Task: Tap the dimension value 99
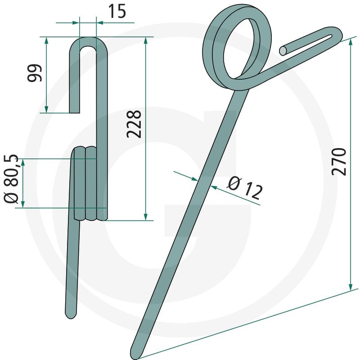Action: [35, 73]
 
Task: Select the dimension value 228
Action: [134, 124]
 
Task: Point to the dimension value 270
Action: [339, 162]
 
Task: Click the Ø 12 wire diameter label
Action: [245, 188]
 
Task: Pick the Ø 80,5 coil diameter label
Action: [11, 179]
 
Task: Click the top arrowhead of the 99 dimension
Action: [46, 41]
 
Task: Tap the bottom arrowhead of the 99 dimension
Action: [46, 109]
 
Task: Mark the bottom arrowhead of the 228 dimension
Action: [145, 216]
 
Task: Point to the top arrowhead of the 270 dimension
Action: [351, 42]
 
